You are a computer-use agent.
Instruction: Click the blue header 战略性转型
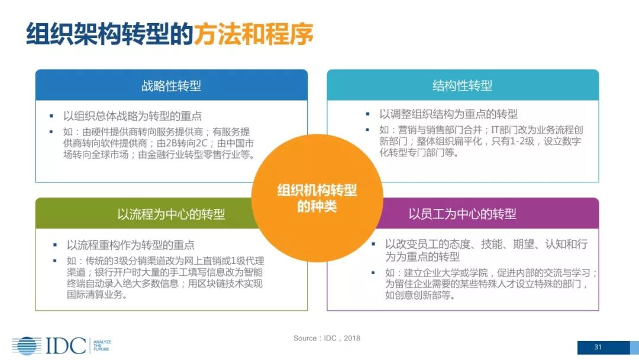pyautogui.click(x=171, y=85)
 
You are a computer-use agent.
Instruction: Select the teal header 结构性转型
pyautogui.click(x=462, y=85)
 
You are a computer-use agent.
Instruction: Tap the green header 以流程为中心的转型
pyautogui.click(x=171, y=214)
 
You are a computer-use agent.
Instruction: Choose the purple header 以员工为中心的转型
pyautogui.click(x=462, y=214)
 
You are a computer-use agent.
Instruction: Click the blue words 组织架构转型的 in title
pyautogui.click(x=109, y=34)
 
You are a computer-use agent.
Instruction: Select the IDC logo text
pyautogui.click(x=66, y=345)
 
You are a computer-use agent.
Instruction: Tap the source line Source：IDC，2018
pyautogui.click(x=327, y=338)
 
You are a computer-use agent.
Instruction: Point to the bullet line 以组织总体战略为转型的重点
pyautogui.click(x=133, y=117)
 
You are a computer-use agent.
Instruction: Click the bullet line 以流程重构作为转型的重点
pyautogui.click(x=130, y=245)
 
